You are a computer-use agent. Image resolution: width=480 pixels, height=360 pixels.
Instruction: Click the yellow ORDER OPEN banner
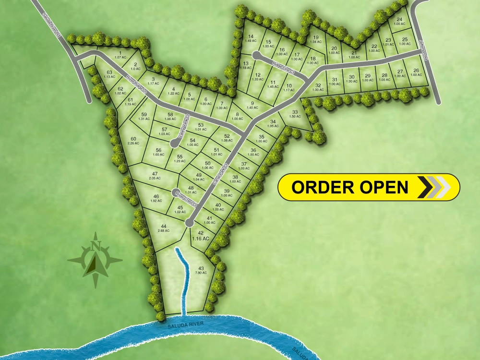click(x=368, y=187)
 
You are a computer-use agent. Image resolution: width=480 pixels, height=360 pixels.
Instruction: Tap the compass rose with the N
click(x=95, y=260)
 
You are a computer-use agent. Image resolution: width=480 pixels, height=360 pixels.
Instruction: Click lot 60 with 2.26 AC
click(x=133, y=141)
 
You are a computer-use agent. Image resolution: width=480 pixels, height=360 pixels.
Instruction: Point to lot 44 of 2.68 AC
click(x=164, y=228)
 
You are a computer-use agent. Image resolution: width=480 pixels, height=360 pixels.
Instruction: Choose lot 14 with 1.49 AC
click(x=250, y=38)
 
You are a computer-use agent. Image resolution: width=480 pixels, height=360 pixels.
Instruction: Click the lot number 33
click(x=295, y=113)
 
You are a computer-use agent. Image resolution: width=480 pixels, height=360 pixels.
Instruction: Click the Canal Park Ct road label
click(x=220, y=175)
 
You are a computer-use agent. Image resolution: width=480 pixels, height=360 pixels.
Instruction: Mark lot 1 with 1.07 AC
click(x=120, y=55)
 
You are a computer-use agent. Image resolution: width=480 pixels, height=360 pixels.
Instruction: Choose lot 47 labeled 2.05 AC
click(x=155, y=176)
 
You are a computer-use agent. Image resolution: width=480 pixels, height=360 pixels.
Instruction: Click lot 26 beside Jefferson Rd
click(x=416, y=72)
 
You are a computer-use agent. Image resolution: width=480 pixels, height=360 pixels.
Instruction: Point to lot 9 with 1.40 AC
click(x=252, y=105)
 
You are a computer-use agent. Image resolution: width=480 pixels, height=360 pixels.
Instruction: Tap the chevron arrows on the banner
click(x=434, y=187)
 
